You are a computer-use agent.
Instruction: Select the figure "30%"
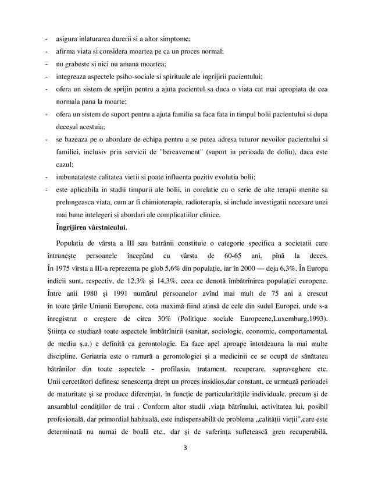[164, 319]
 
